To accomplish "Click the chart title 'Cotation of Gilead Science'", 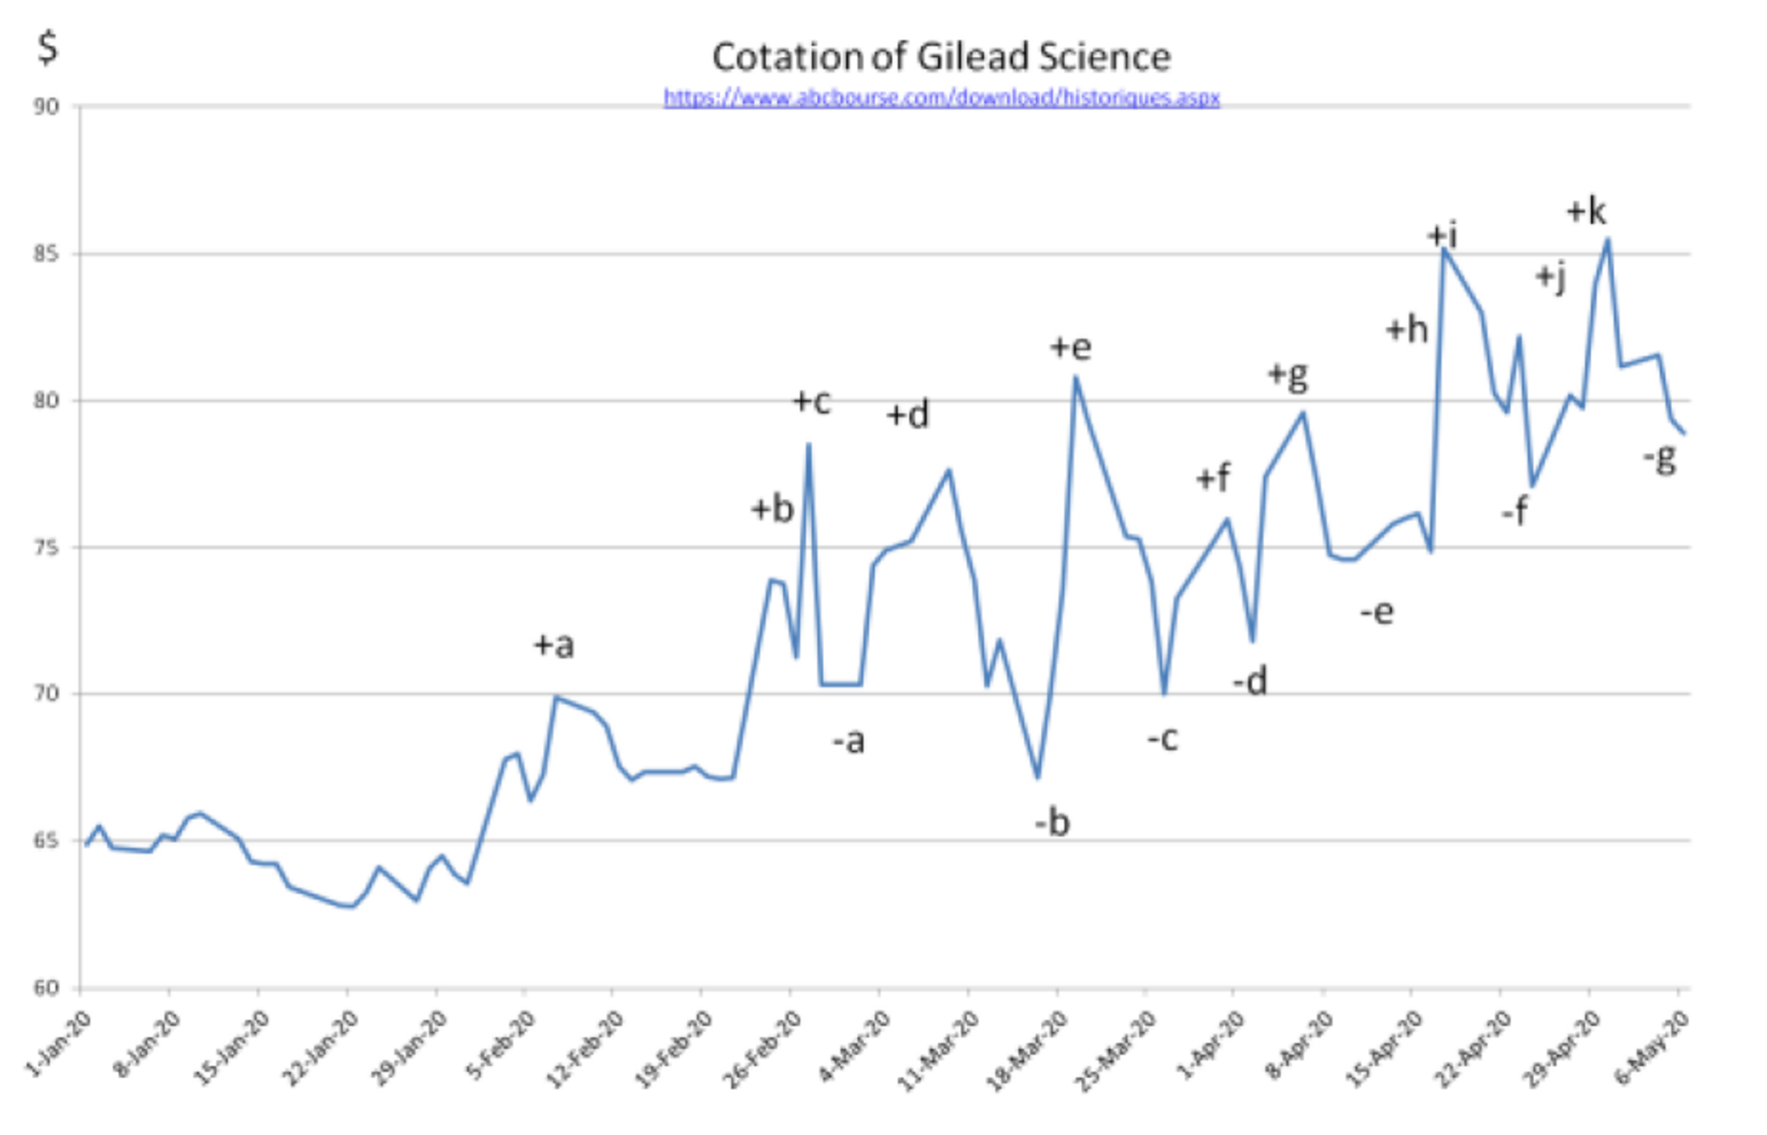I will [x=941, y=57].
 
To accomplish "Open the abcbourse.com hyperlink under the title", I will [x=941, y=98].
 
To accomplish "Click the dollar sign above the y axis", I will [x=48, y=47].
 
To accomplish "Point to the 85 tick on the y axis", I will [x=47, y=255].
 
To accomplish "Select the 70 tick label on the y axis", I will [x=47, y=694].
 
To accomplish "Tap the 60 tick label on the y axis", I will [x=47, y=988].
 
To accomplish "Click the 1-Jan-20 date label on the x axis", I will [x=60, y=1043].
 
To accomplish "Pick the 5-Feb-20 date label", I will [x=500, y=1043].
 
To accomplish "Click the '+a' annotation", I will [x=554, y=645].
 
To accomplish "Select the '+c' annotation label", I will [x=811, y=402].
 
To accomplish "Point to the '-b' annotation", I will [x=1052, y=823].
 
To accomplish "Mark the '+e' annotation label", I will [x=1071, y=347].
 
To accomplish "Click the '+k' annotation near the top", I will [x=1586, y=211].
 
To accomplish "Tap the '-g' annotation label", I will [x=1659, y=459].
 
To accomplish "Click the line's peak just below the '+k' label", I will [x=1607, y=239].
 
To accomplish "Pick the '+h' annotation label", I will [x=1406, y=329].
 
